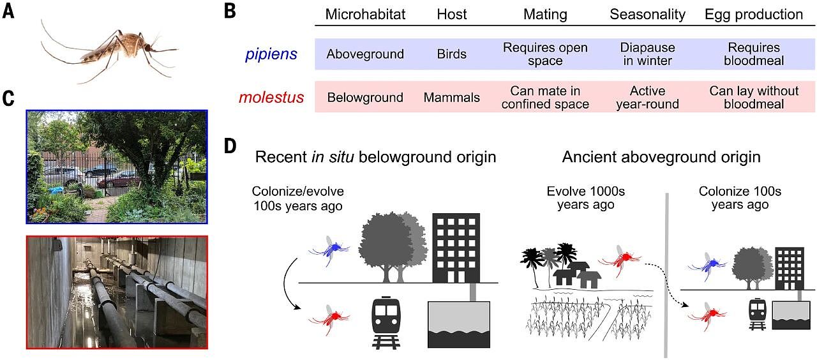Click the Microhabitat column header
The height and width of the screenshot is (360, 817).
click(x=365, y=14)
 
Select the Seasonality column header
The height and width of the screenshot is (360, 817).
click(x=647, y=14)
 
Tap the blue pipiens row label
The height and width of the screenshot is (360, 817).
click(x=271, y=54)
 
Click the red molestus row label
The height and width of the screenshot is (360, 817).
click(x=271, y=98)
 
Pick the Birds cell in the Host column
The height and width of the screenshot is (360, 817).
click(x=451, y=54)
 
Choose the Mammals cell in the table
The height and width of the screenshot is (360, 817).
click(x=451, y=98)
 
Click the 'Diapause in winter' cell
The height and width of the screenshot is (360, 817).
click(x=647, y=54)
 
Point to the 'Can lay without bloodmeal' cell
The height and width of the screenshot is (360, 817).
click(x=754, y=98)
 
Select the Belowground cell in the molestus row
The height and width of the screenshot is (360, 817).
click(x=365, y=98)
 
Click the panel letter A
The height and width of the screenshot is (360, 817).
click(x=8, y=11)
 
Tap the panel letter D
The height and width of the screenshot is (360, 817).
click(x=230, y=146)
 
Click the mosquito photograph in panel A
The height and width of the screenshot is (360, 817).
click(x=109, y=51)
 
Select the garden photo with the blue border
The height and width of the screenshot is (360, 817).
click(x=117, y=167)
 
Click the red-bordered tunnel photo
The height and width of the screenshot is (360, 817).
click(x=117, y=292)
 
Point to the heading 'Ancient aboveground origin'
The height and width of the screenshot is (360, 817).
click(x=661, y=157)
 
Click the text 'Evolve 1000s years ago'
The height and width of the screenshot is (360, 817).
click(x=586, y=198)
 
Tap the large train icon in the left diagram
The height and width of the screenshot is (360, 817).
click(x=386, y=323)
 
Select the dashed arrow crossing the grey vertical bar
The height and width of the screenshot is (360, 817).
click(x=666, y=285)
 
